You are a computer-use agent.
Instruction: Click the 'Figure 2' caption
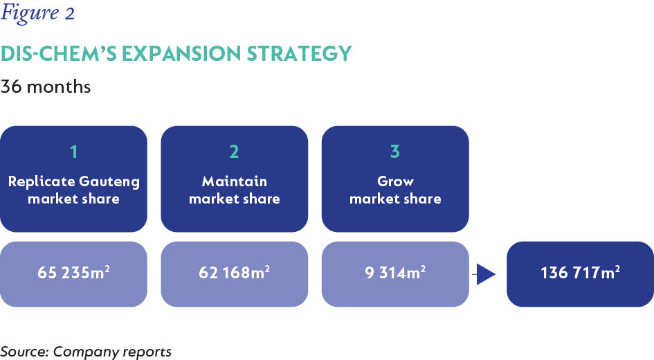tap(37, 12)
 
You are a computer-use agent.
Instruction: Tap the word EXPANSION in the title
tap(181, 54)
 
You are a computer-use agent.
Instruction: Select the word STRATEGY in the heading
tap(300, 54)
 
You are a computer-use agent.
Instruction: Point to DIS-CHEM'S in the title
tap(59, 54)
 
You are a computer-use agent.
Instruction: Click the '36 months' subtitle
tap(46, 87)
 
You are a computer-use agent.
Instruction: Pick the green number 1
tap(74, 152)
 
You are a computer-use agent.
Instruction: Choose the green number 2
tap(234, 152)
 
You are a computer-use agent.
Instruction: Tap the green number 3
tap(395, 152)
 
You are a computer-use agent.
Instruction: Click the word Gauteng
tap(109, 182)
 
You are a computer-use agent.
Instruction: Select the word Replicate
tap(42, 182)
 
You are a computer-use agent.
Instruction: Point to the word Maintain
tap(235, 181)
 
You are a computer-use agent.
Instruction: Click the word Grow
tap(395, 181)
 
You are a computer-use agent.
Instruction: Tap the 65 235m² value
tap(74, 272)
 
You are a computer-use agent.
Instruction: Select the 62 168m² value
tap(235, 272)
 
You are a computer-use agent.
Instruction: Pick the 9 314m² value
tap(395, 272)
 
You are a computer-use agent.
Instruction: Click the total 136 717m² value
tap(580, 272)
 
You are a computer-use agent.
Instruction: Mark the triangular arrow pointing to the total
tap(484, 274)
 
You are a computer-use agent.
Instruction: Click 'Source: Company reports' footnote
tap(86, 352)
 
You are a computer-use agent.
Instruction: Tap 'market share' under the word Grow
tap(395, 199)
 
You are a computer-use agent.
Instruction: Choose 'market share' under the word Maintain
tap(235, 199)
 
